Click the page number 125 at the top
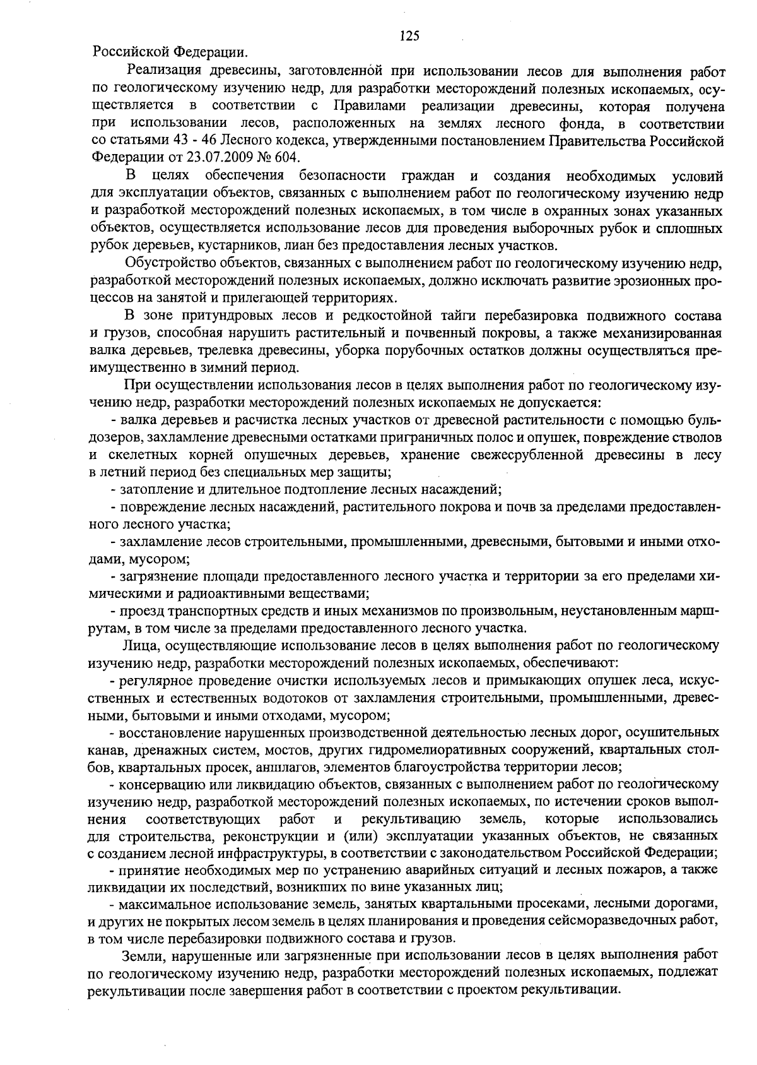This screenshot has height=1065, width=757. pyautogui.click(x=410, y=36)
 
